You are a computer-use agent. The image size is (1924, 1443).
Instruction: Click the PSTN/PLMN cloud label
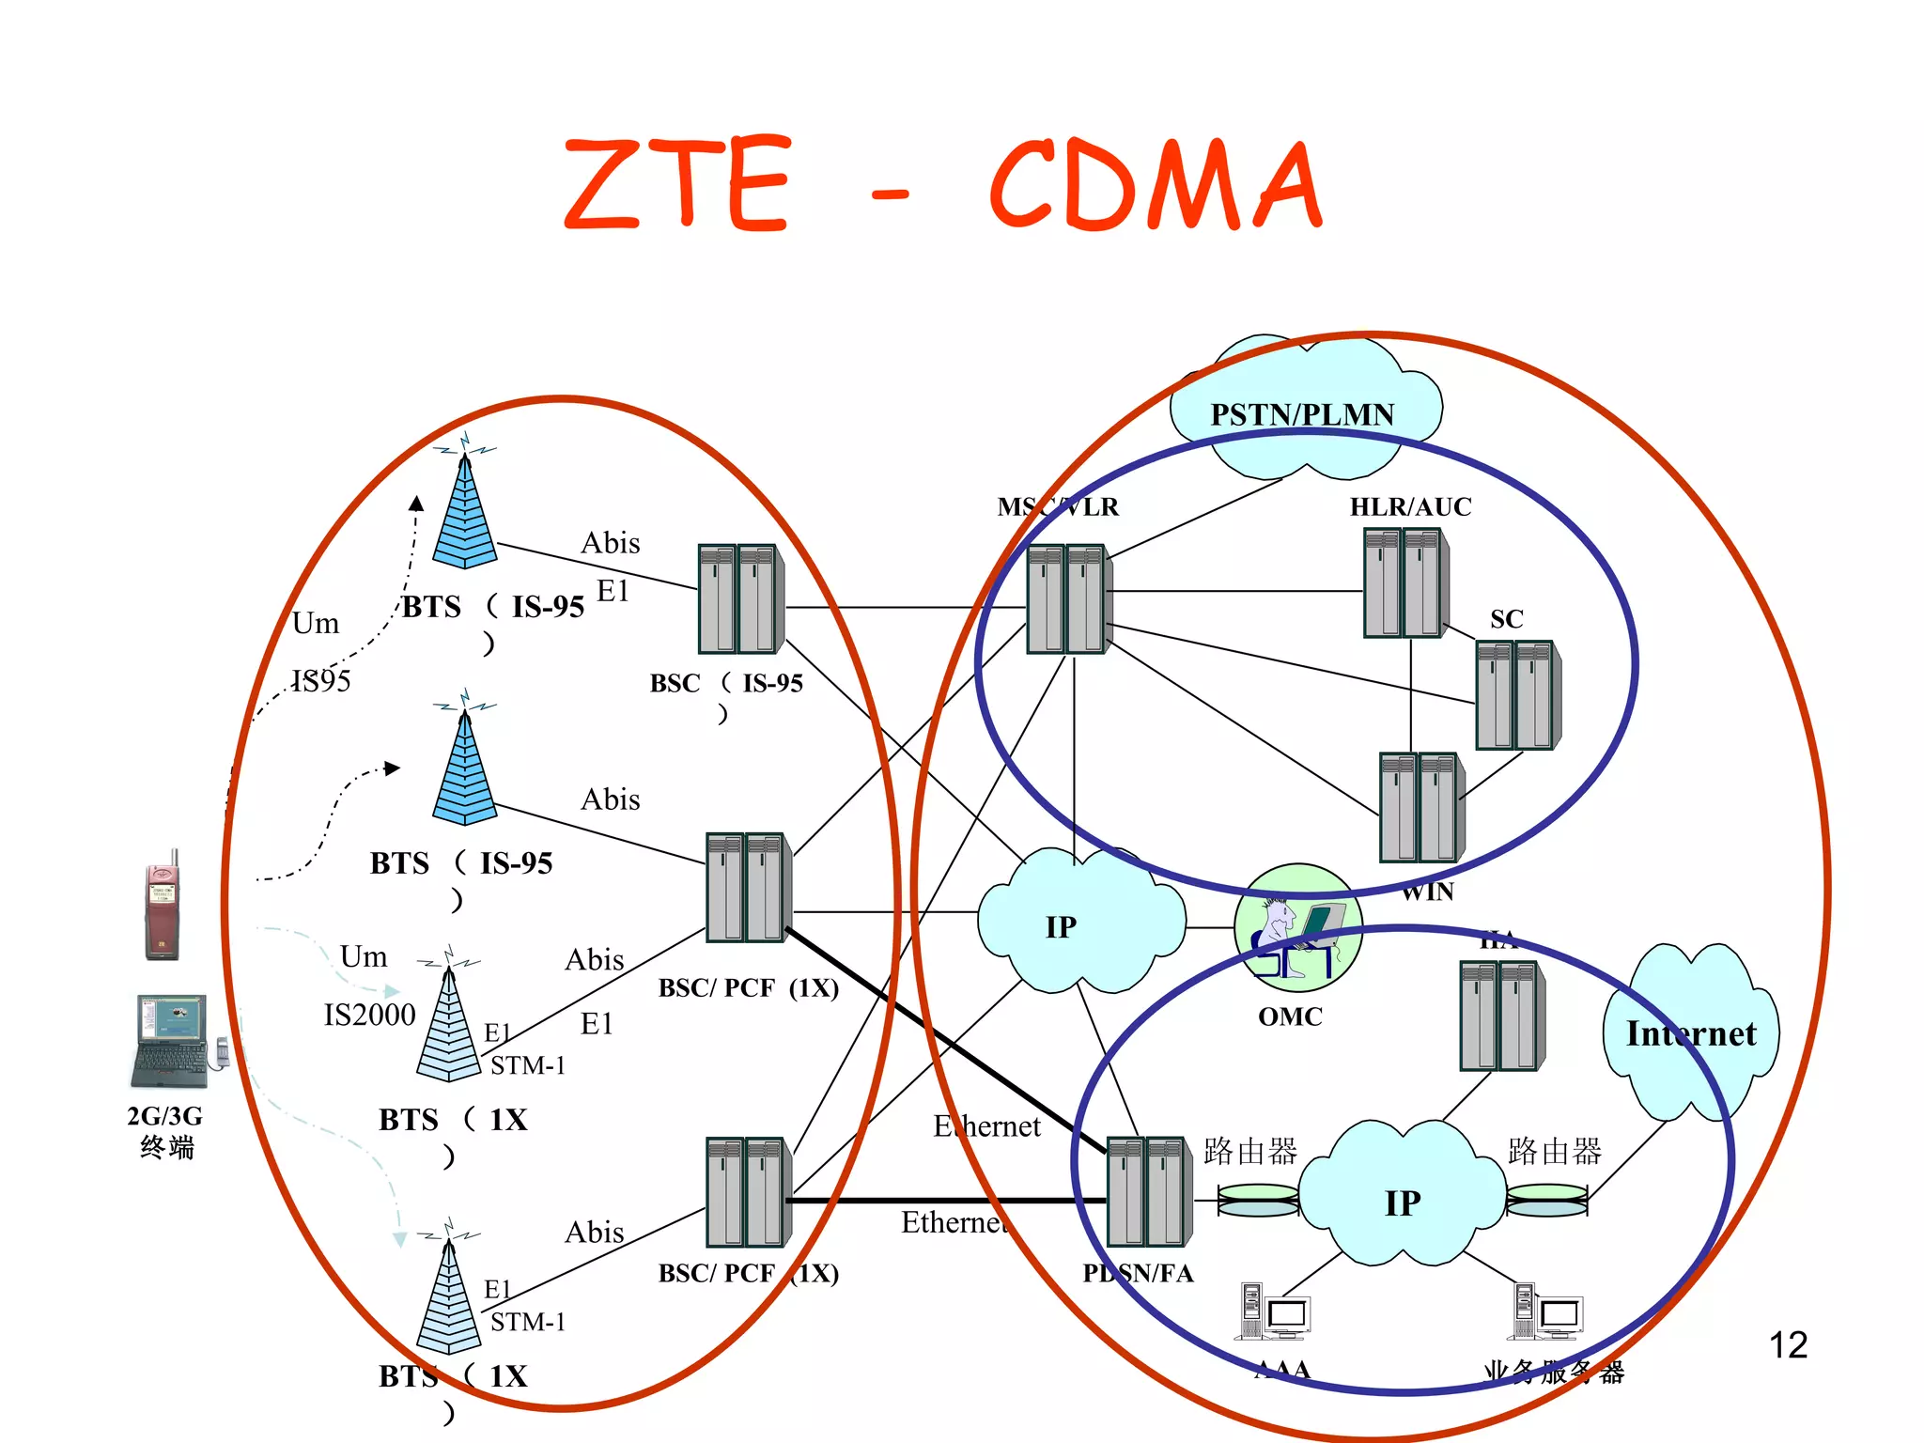point(1301,414)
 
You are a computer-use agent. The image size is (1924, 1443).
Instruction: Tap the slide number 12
point(1787,1345)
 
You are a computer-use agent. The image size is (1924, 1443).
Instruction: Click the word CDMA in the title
point(1156,185)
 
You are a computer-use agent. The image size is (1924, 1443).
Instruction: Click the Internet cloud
point(1690,1033)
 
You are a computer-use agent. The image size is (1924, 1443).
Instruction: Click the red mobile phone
point(162,907)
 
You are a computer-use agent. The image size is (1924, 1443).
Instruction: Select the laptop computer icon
point(172,1041)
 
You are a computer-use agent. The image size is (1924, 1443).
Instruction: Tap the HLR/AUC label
point(1410,507)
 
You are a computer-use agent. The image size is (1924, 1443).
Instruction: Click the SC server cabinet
point(1516,695)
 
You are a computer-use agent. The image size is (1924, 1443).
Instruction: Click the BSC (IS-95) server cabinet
point(740,598)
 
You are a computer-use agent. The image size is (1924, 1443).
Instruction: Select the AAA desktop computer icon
point(1273,1312)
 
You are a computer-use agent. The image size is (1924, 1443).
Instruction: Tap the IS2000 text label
point(369,1015)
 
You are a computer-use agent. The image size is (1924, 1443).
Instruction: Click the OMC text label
point(1290,1016)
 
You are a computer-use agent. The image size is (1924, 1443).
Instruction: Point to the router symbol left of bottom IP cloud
point(1257,1200)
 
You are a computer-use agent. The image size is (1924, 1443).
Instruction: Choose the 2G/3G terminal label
point(165,1131)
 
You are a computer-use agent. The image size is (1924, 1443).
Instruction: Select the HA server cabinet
point(1501,1016)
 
